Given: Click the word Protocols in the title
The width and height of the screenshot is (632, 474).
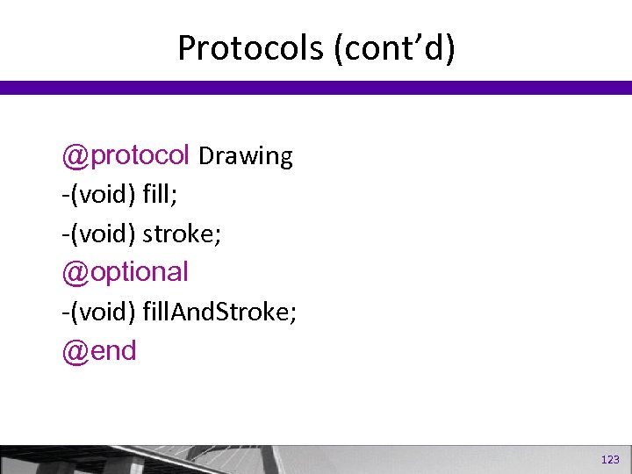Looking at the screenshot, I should click(251, 48).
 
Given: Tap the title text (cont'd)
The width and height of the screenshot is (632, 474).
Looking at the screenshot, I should click(394, 48).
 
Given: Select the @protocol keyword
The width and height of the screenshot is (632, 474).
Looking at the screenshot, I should click(126, 156).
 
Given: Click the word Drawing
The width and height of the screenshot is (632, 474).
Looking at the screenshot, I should click(246, 156).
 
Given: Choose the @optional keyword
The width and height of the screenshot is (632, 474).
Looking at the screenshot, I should click(126, 272).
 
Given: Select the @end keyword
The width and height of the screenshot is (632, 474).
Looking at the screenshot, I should click(99, 351).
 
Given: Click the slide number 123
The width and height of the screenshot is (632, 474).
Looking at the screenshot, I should click(610, 460).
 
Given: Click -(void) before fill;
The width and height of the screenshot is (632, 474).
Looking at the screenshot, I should click(98, 195).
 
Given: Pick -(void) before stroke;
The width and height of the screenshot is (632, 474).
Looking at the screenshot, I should click(98, 233).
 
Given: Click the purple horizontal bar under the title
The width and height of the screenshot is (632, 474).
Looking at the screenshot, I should click(316, 88).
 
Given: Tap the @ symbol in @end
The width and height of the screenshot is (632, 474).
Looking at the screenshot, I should click(73, 351).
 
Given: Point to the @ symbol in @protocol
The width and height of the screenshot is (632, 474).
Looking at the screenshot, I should click(73, 156).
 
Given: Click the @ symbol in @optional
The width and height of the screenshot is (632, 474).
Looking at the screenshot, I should click(73, 272).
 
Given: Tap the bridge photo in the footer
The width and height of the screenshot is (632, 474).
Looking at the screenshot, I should click(263, 459).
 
